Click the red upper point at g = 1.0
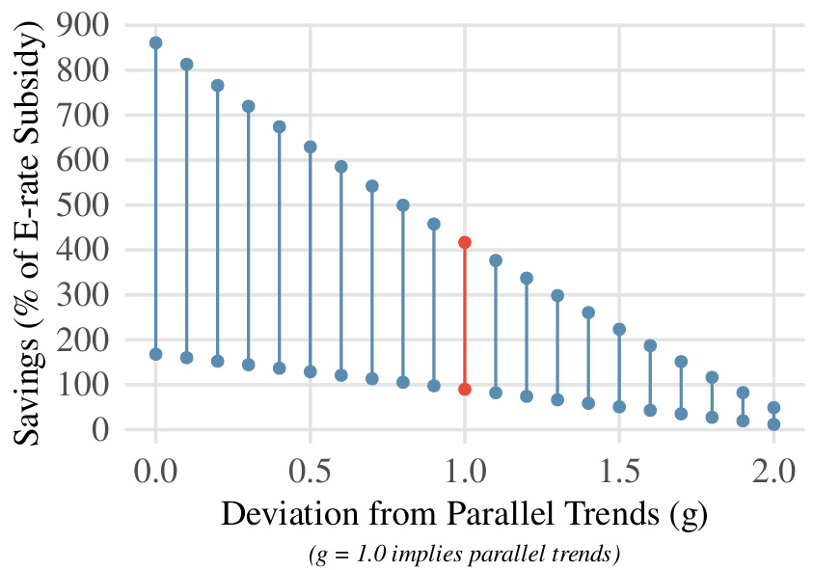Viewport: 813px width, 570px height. coord(465,242)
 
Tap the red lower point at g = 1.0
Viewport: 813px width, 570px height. coord(465,389)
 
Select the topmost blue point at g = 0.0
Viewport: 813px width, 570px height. coord(156,42)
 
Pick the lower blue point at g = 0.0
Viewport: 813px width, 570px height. coord(156,354)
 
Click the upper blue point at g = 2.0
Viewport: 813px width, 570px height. coord(773,407)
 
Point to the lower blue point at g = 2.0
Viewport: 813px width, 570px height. coord(773,424)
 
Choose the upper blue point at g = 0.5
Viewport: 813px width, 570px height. coord(311,147)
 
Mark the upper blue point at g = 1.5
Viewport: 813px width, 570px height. coord(619,329)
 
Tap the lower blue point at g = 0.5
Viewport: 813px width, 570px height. coord(311,371)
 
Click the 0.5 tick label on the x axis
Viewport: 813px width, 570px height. coord(311,473)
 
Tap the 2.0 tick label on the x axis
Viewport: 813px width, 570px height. coord(773,473)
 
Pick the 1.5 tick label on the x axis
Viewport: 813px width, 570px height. coord(619,473)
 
